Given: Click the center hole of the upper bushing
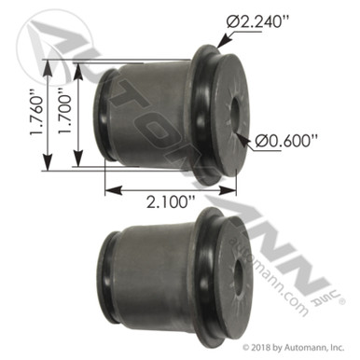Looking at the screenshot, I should tap(231, 111).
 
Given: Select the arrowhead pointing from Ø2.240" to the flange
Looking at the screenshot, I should tap(221, 42).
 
